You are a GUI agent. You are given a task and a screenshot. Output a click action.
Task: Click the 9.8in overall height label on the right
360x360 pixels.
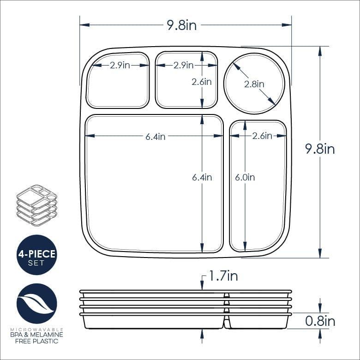click(320, 149)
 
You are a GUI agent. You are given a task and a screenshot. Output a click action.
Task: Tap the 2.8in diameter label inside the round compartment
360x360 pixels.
click(254, 84)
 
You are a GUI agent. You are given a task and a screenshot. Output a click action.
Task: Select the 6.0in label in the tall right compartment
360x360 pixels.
click(245, 177)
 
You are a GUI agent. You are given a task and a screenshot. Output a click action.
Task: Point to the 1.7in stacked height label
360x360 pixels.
click(223, 276)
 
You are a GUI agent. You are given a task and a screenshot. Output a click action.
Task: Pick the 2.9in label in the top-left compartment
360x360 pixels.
click(120, 66)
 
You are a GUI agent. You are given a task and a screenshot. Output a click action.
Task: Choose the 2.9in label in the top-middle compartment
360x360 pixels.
click(183, 66)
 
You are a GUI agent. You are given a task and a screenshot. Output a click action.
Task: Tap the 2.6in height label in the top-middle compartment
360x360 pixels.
click(202, 82)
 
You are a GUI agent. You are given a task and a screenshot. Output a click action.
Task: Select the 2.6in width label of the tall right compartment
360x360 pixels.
click(262, 136)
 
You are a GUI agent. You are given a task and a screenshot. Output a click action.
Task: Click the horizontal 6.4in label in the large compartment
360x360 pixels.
click(155, 136)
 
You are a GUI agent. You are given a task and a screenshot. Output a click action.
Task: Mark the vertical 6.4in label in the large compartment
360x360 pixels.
click(202, 177)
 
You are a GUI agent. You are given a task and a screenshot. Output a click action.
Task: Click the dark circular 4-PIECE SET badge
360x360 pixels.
click(36, 255)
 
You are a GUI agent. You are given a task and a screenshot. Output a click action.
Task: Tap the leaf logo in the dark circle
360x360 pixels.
click(36, 303)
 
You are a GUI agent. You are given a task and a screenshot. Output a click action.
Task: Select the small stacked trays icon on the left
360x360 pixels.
click(36, 205)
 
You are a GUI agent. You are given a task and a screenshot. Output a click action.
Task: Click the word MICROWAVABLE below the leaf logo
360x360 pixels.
click(36, 329)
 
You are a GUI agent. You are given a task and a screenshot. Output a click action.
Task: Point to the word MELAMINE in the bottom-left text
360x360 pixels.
click(48, 335)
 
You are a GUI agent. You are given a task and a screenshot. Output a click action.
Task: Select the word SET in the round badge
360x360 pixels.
click(36, 263)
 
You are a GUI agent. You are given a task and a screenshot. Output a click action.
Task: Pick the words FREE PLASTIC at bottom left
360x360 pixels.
click(36, 341)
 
